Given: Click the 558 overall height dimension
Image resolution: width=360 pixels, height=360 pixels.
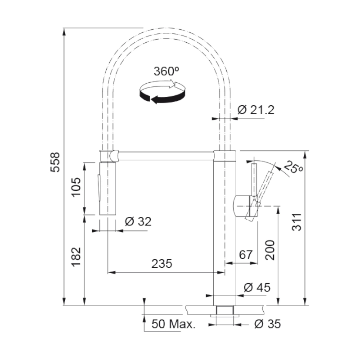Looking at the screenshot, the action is (x=55, y=162).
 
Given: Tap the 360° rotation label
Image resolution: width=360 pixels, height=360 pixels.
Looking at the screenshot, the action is (x=166, y=72).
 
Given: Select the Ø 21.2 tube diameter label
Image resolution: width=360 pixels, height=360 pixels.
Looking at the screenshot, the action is (x=256, y=110).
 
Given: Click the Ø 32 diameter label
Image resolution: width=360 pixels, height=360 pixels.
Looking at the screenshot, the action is (x=138, y=222).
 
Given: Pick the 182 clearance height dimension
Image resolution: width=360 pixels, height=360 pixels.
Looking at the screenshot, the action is (x=76, y=257).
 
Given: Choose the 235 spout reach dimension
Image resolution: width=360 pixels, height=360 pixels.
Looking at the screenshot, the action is (x=162, y=264).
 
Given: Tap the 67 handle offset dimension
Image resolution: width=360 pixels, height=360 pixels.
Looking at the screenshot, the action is (x=246, y=255).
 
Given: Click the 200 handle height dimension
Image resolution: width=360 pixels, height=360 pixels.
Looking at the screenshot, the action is (x=270, y=250).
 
